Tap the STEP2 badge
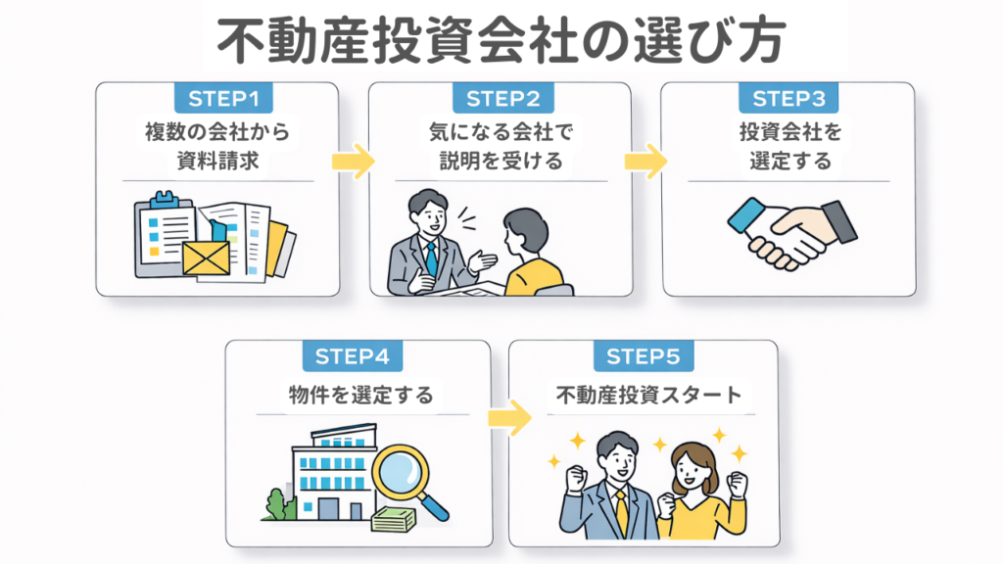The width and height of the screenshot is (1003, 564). pos(502,98)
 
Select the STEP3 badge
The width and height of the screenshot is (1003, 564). pos(788,98)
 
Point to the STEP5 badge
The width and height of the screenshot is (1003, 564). pos(644,356)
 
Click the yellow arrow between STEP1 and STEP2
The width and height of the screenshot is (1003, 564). pos(354,161)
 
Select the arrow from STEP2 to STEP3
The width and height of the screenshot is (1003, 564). pos(645,161)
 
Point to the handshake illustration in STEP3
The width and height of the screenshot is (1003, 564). pos(791,231)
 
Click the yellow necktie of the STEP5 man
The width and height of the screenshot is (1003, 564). pos(621,508)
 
